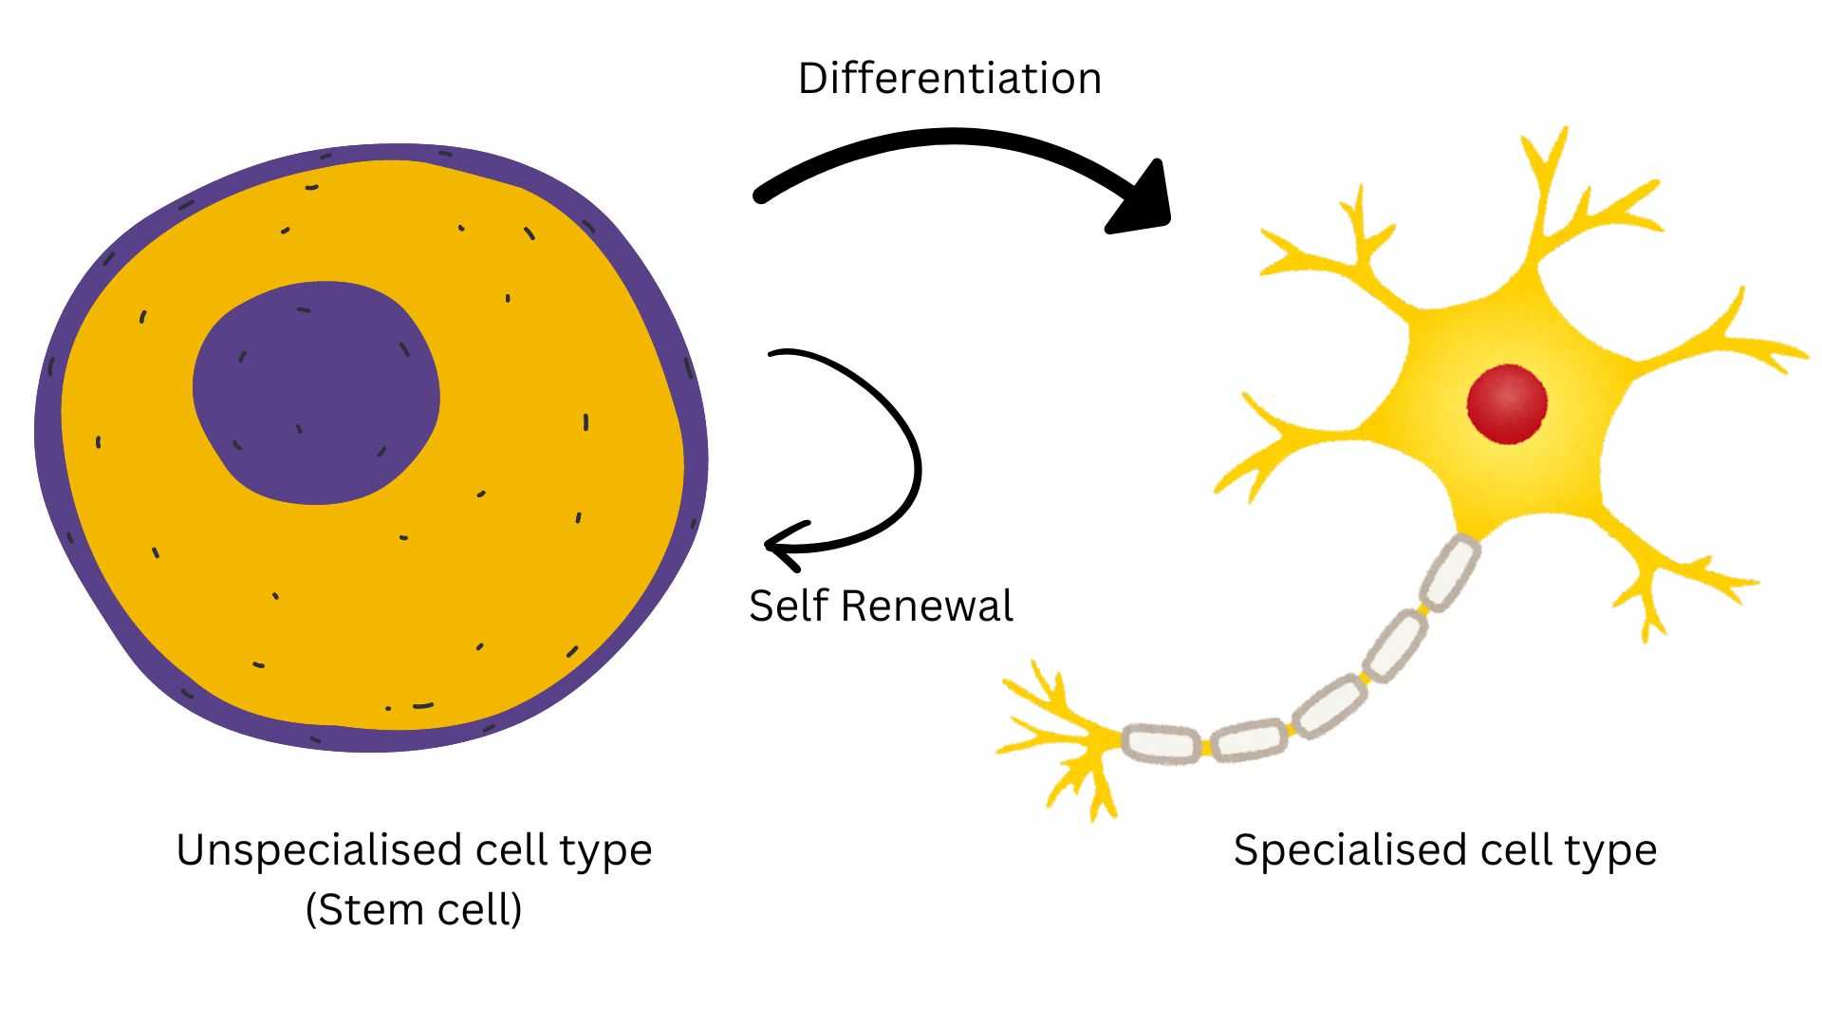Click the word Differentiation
click(949, 79)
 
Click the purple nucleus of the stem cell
click(316, 392)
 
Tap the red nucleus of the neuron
click(1507, 403)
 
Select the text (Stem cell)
click(414, 910)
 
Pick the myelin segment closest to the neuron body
click(1452, 572)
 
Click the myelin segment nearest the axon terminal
click(1161, 743)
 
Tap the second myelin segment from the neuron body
click(1395, 644)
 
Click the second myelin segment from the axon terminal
click(1251, 739)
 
